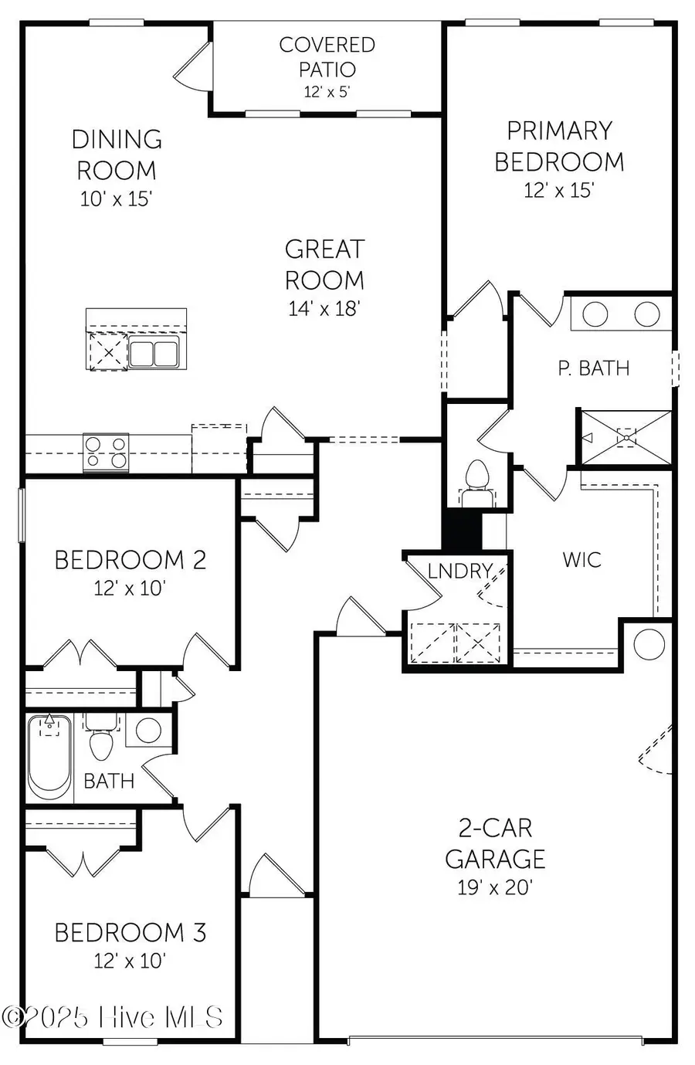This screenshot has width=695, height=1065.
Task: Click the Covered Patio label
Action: point(327,57)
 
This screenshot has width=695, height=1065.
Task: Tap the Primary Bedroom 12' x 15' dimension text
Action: point(558,191)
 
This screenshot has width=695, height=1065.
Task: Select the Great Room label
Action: point(324,264)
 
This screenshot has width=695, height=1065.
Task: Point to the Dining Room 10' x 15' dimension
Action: point(116,198)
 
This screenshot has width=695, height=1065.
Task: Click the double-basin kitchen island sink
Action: point(153,353)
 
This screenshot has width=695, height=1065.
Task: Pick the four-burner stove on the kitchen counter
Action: point(106,453)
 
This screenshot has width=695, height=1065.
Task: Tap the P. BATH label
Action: point(593,368)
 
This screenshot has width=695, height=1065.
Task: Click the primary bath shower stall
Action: point(625,438)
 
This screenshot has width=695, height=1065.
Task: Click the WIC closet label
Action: point(581,559)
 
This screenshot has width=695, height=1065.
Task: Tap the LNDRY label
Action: point(460,571)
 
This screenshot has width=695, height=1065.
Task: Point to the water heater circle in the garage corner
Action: point(648,644)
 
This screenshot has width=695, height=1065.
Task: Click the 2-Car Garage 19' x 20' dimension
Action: point(495,887)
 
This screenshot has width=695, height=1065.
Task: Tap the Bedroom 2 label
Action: point(130,560)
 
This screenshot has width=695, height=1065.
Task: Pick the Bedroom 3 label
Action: point(130,932)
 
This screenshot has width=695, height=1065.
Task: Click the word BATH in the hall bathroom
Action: point(109,781)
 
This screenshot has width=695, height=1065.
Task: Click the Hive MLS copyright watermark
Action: point(114,1017)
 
